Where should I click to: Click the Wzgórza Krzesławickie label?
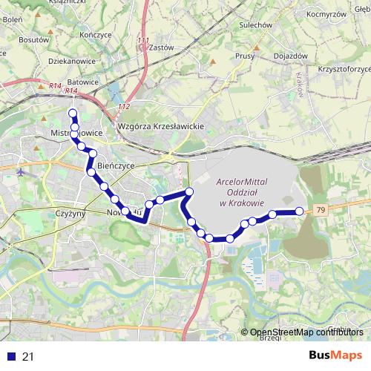(x=161, y=127)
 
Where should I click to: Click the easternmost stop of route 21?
(x=300, y=211)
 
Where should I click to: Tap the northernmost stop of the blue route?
(x=73, y=113)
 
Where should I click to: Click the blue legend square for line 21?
(x=10, y=357)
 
